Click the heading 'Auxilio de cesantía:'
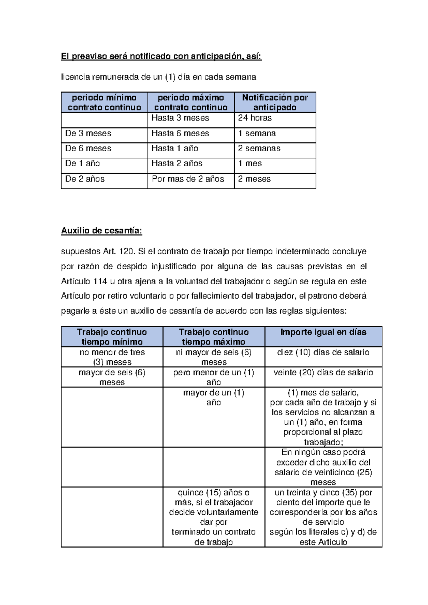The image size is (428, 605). (x=102, y=231)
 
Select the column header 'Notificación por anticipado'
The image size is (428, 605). (x=275, y=102)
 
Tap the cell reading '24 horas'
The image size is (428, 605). (x=255, y=118)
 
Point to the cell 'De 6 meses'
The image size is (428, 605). (x=88, y=148)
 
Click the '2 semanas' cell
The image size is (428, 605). (x=259, y=148)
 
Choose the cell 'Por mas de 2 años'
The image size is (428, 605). (x=188, y=179)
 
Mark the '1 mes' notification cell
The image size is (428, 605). (x=250, y=163)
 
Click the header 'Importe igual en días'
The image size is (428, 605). (x=323, y=332)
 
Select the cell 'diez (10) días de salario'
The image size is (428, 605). (x=323, y=352)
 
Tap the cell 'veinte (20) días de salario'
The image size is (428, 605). (x=323, y=373)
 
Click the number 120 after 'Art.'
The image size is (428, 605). (x=126, y=251)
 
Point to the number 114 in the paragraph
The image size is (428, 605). (x=100, y=281)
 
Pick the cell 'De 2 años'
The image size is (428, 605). (x=85, y=179)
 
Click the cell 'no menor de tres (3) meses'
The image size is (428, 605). (x=112, y=357)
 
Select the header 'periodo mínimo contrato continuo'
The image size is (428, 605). (x=104, y=102)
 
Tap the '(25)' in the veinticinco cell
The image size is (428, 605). (x=364, y=473)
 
